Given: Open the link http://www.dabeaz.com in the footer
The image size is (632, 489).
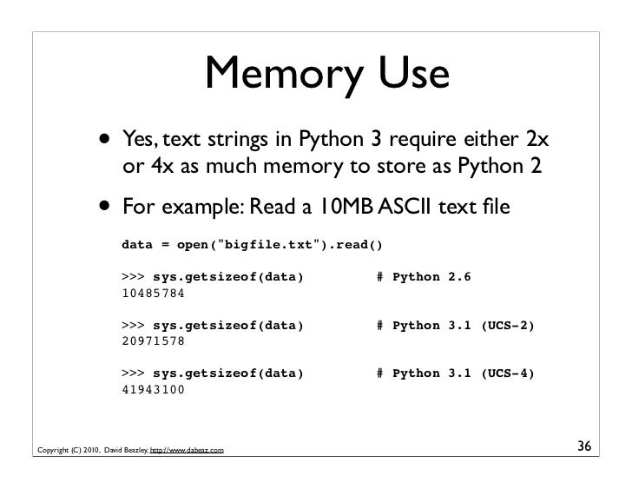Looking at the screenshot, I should pyautogui.click(x=189, y=450).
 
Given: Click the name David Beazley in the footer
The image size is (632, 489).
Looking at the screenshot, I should pyautogui.click(x=126, y=450).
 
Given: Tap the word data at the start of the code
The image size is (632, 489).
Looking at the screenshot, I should pyautogui.click(x=137, y=244).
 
